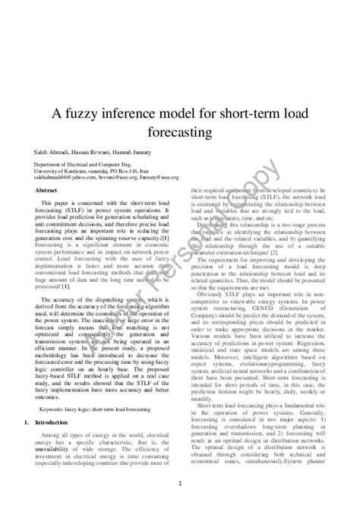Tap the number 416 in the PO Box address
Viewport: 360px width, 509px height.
pos(131,171)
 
